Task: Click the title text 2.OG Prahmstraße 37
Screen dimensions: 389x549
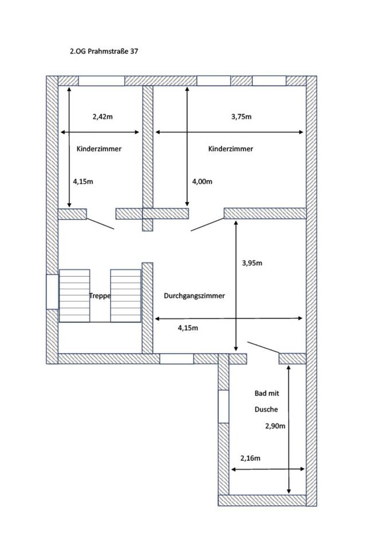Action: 104,51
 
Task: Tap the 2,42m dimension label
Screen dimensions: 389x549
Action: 103,117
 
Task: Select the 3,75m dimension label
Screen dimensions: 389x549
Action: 241,117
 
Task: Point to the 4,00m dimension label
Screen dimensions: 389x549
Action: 202,181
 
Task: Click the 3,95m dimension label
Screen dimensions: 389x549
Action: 252,263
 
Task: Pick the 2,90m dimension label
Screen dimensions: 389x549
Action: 275,426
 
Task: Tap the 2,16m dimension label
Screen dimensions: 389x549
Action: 250,458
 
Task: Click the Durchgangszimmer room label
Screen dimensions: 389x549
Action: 194,296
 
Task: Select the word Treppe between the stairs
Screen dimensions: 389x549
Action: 100,296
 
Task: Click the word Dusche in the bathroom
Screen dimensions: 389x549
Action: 266,409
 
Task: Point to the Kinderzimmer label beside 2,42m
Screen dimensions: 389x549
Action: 99,149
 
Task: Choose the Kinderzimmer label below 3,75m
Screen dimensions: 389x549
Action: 230,149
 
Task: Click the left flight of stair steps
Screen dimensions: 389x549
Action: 74,296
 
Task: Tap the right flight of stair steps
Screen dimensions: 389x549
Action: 125,296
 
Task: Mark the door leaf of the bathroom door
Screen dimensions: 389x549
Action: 264,347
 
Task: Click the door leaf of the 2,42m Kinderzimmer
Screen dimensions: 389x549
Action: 100,224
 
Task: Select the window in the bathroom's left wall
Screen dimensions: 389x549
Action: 223,407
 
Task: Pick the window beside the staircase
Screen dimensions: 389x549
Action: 52,292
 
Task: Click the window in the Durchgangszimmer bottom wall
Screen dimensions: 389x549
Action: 177,359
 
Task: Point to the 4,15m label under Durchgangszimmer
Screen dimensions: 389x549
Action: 188,328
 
